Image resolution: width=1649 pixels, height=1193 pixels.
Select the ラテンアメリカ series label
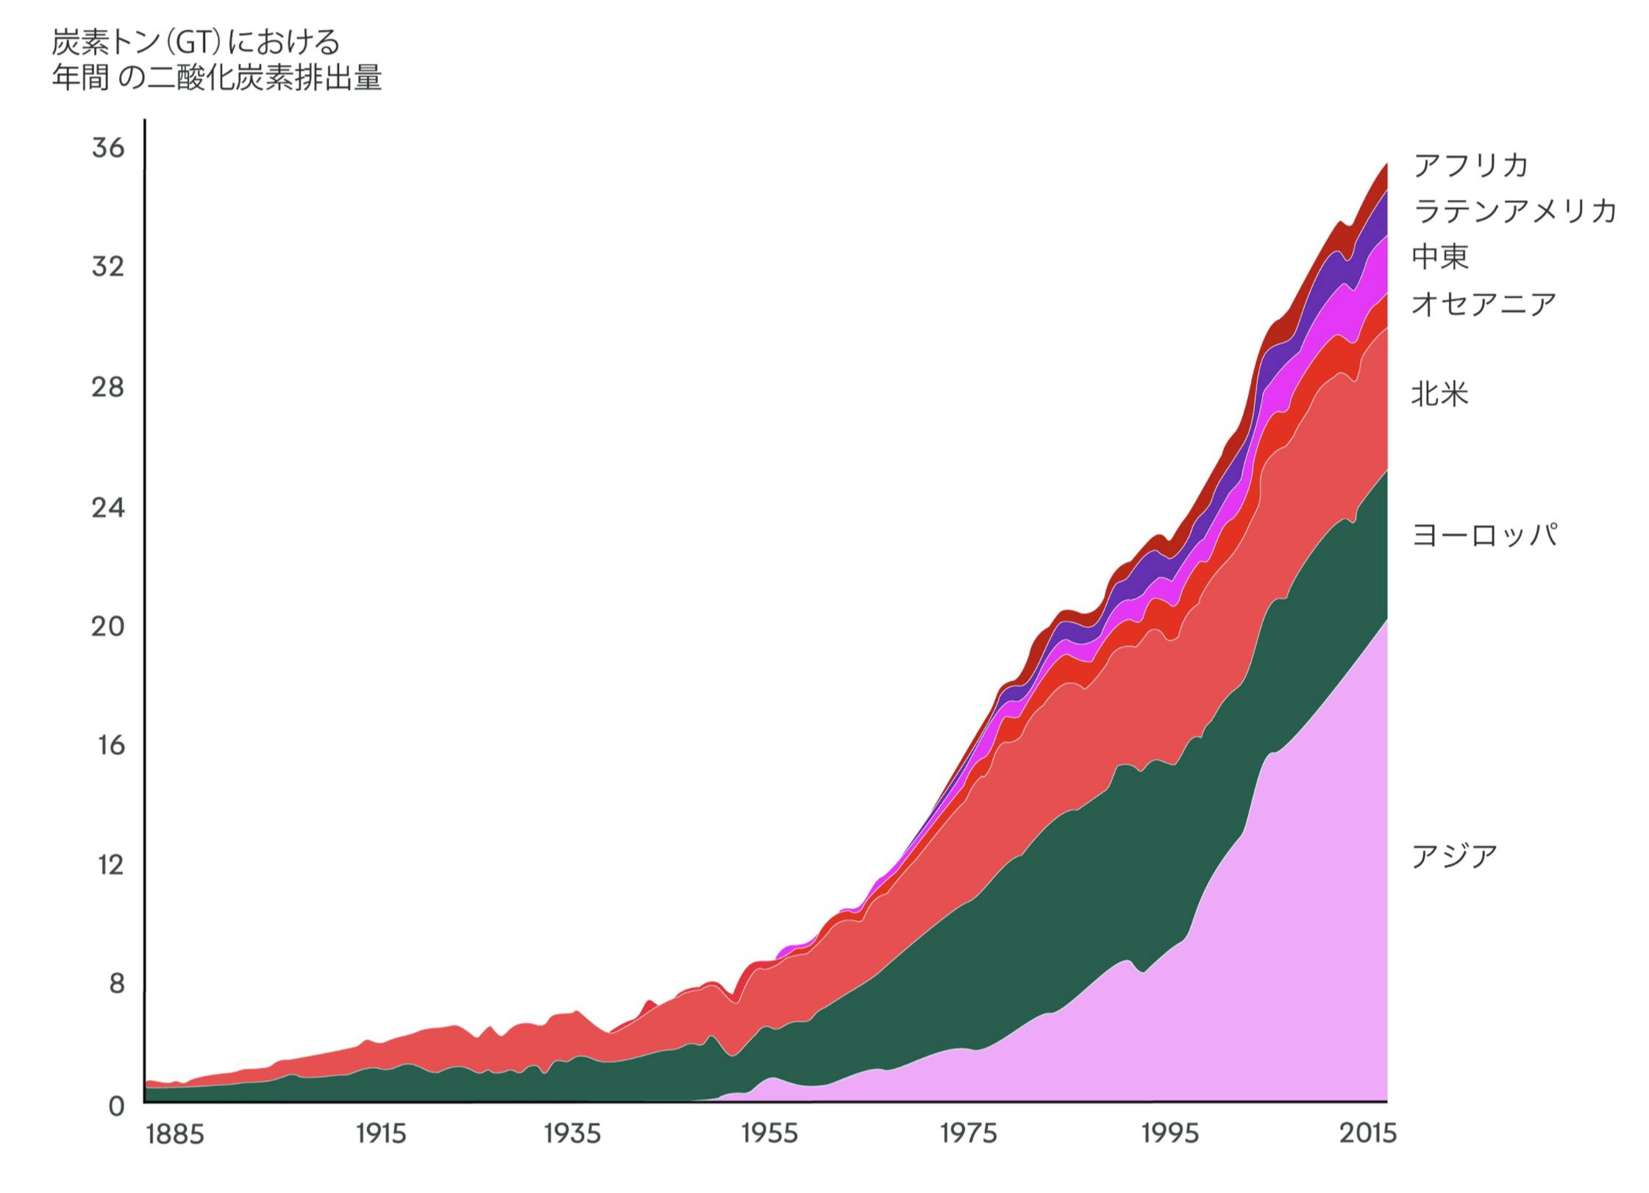point(1514,212)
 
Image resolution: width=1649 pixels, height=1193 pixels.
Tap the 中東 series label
point(1439,257)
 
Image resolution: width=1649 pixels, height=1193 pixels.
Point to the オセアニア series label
point(1484,304)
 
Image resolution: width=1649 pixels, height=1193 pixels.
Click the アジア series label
point(1454,856)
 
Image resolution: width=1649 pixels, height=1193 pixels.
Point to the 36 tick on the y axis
point(108,148)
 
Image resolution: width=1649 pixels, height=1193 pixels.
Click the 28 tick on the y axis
point(108,387)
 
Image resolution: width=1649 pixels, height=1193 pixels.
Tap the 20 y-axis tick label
point(108,627)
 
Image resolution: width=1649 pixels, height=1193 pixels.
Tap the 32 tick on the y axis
point(108,267)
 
